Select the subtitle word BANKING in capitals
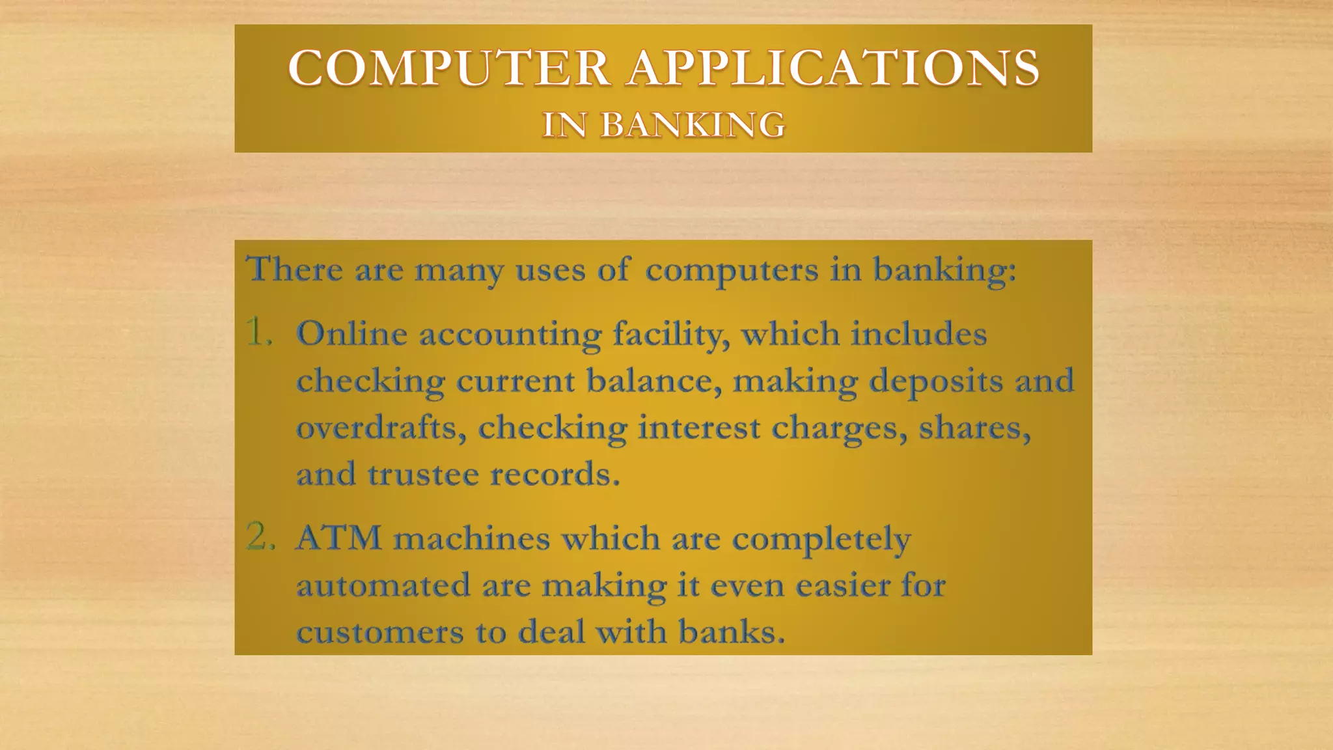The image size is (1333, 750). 693,124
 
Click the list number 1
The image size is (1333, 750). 258,333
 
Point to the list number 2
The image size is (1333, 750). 260,537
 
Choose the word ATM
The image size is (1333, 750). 338,538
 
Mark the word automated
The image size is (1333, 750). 383,585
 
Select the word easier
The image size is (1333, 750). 840,585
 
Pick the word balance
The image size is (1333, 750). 654,381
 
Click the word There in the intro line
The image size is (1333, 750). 294,268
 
